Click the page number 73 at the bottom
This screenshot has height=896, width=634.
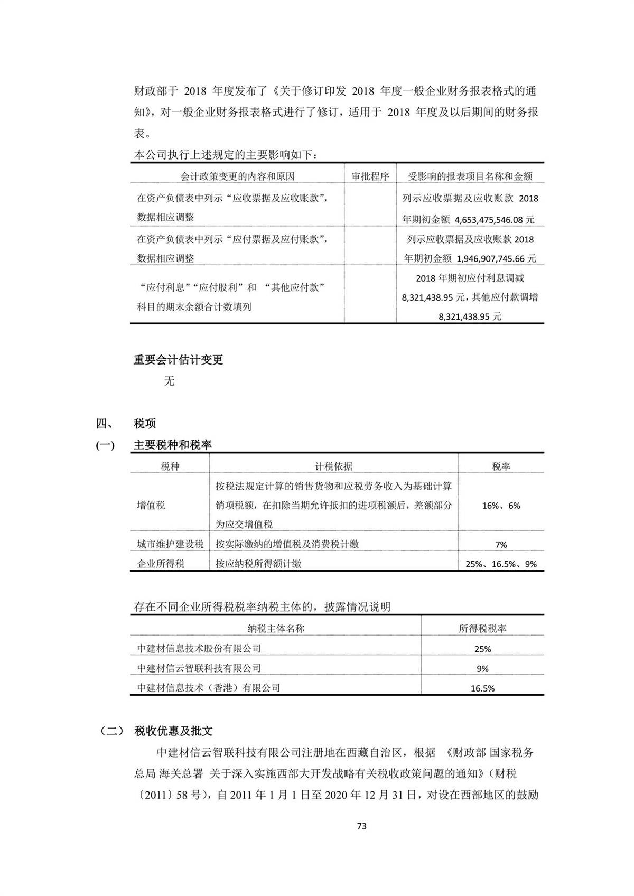pos(362,826)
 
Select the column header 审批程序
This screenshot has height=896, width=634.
pos(370,176)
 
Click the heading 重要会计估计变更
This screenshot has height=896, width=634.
pos(178,360)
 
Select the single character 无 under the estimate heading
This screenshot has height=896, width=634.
pos(169,381)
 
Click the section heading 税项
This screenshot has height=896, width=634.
pos(145,424)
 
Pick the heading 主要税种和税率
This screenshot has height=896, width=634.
pos(173,445)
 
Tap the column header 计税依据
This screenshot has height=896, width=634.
pos(333,466)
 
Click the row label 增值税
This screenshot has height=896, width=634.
pos(151,506)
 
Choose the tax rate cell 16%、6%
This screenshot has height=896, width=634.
pos(501,506)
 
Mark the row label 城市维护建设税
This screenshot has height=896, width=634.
pos(170,544)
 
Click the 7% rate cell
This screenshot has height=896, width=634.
pos(501,545)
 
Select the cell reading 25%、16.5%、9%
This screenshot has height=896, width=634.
pos(501,564)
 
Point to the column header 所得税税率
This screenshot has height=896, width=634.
pos(482,629)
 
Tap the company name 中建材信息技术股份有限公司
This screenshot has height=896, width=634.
pos(199,649)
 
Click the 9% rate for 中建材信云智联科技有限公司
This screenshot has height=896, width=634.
pos(482,669)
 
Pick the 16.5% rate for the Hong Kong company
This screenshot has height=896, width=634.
pos(482,688)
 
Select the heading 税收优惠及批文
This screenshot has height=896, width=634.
pos(173,731)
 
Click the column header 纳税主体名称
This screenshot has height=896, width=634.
pos(276,629)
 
